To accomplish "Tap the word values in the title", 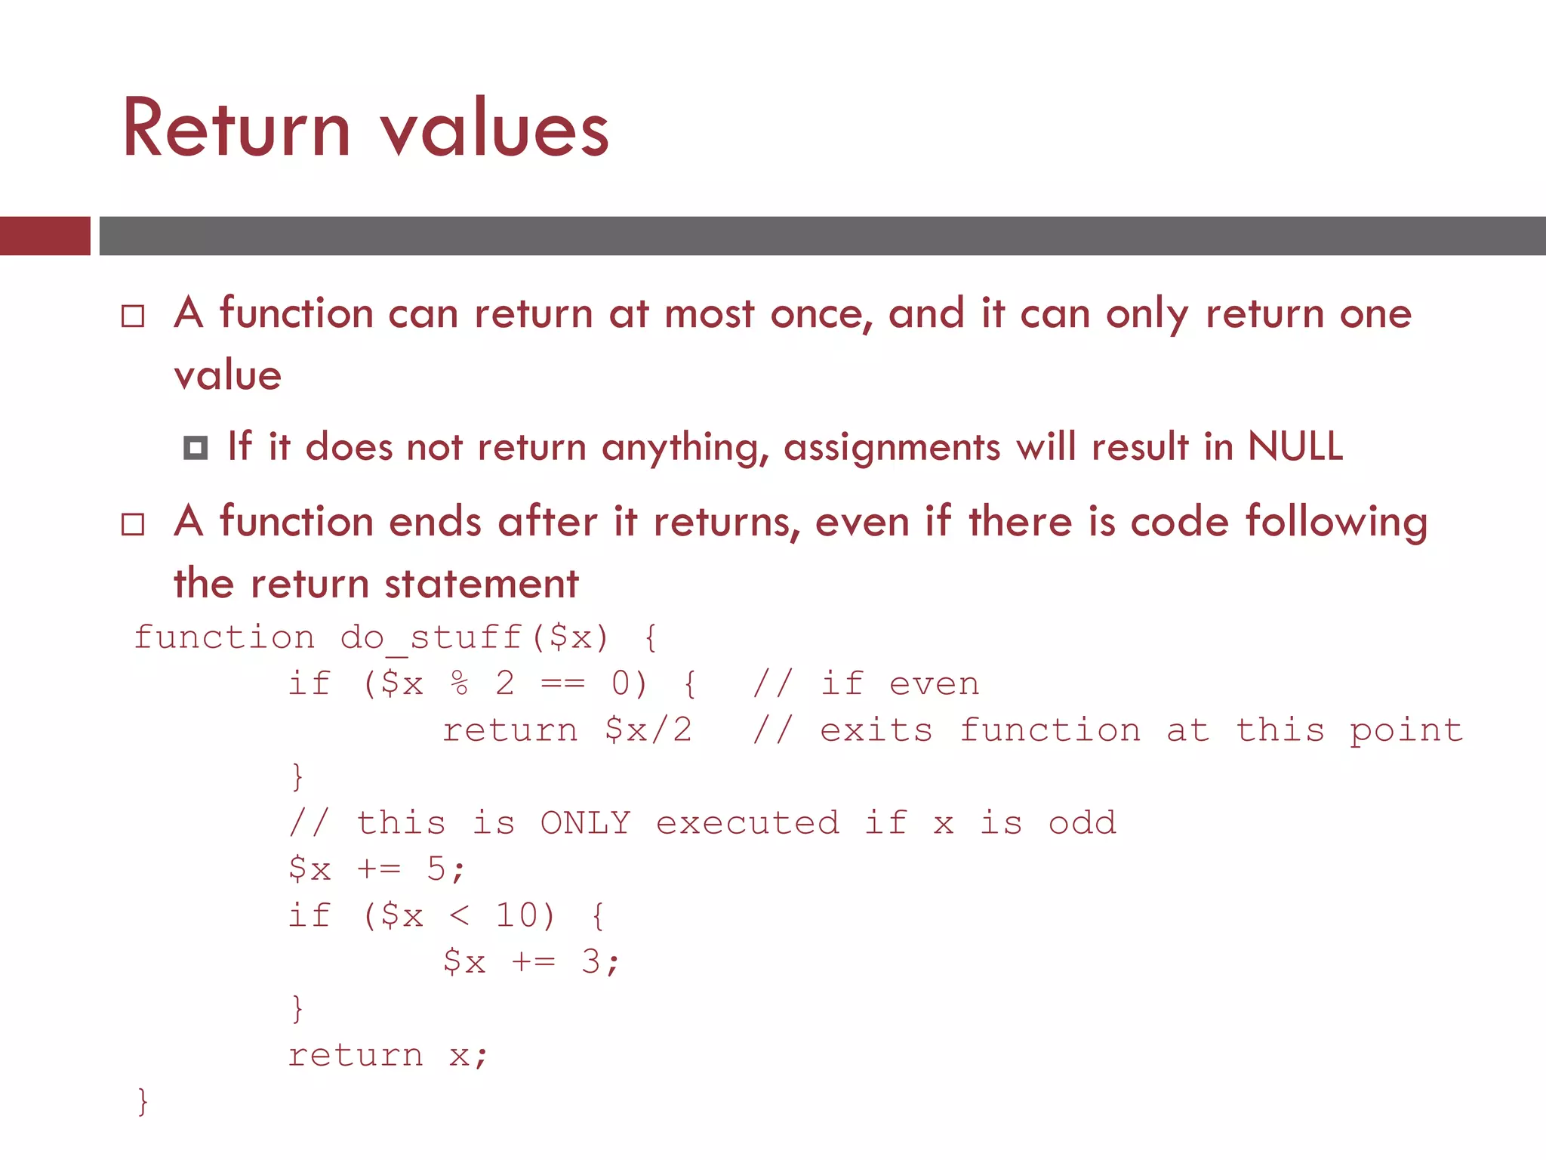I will pyautogui.click(x=494, y=130).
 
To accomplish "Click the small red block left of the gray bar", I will pyautogui.click(x=45, y=236).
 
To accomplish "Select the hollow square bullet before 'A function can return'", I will pyautogui.click(x=133, y=316).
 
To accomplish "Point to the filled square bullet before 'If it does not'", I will pyautogui.click(x=196, y=448).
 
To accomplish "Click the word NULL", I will pyautogui.click(x=1295, y=446).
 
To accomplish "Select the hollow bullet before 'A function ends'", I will pyautogui.click(x=133, y=524).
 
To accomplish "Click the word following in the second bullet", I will pyautogui.click(x=1336, y=523).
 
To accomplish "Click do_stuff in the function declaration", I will pyautogui.click(x=431, y=637).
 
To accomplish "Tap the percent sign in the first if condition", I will pyautogui.click(x=460, y=684).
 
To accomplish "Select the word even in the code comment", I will pyautogui.click(x=935, y=684).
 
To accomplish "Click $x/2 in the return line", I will pyautogui.click(x=648, y=730).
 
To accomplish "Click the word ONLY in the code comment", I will pyautogui.click(x=585, y=823).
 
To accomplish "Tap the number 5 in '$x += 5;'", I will pyautogui.click(x=436, y=869).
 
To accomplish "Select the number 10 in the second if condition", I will pyautogui.click(x=517, y=916).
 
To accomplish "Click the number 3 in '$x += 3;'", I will pyautogui.click(x=591, y=962).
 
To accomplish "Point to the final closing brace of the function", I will pyautogui.click(x=143, y=1102).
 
